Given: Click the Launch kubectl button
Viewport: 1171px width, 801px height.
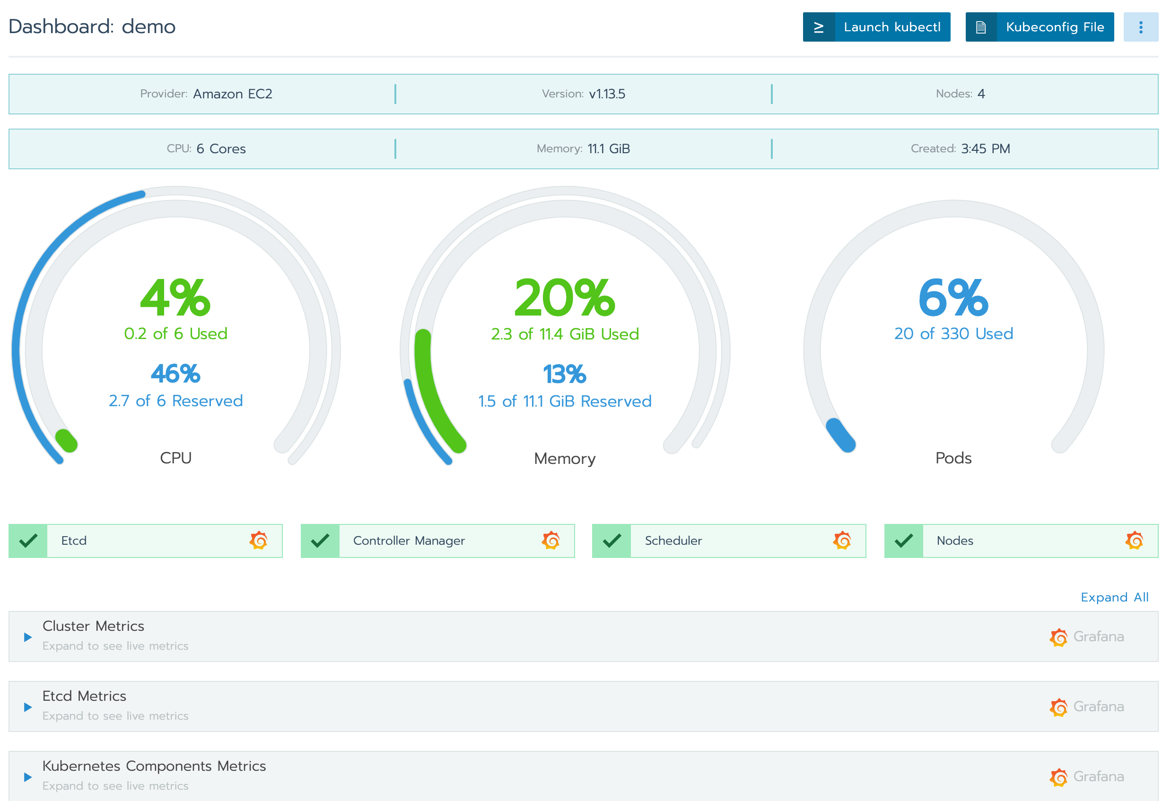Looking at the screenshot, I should click(x=876, y=27).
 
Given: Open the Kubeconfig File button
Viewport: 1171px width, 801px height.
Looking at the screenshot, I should click(x=1039, y=27).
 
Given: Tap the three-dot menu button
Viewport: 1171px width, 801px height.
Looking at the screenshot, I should click(x=1140, y=27).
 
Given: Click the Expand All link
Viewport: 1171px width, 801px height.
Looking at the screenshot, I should click(x=1114, y=597).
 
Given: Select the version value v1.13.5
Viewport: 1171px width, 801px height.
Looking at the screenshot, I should click(x=607, y=94).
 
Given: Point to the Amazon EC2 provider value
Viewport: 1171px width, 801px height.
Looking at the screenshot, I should click(x=232, y=94).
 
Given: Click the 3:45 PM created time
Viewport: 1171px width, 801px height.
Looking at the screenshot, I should click(x=985, y=148).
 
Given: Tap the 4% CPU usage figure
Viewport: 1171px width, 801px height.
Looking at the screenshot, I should click(x=175, y=298).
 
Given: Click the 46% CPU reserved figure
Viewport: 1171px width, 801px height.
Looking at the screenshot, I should click(x=175, y=374).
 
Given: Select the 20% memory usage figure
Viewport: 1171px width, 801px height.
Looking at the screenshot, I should click(x=564, y=298).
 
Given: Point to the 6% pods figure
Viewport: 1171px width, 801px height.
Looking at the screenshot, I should click(x=953, y=298).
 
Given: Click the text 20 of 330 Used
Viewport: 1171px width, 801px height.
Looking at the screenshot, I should click(x=953, y=333).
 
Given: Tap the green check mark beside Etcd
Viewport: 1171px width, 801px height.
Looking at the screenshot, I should click(x=28, y=540).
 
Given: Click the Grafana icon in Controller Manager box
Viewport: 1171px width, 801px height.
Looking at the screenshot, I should click(x=551, y=540).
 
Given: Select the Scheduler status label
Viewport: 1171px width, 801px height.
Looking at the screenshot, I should click(x=673, y=540).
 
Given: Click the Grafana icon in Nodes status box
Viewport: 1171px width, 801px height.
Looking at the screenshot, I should click(x=1134, y=540).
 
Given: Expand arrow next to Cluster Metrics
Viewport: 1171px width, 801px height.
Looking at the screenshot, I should click(x=28, y=637).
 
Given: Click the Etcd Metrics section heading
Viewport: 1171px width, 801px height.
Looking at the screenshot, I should click(x=84, y=696).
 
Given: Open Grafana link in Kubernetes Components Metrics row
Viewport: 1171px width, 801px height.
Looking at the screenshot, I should click(x=1087, y=776).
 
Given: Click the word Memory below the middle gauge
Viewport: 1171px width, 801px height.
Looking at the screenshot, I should click(x=564, y=459).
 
